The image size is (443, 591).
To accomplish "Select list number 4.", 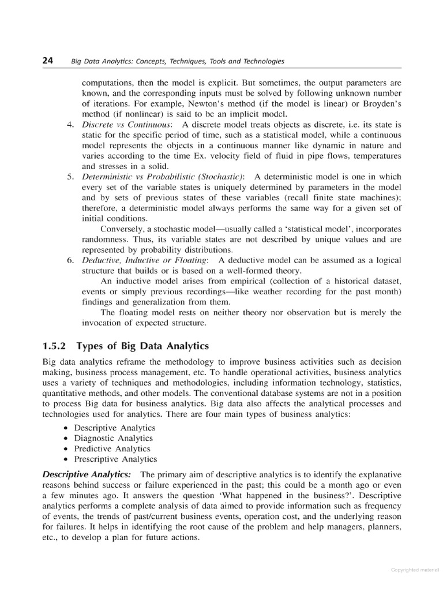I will (71, 124).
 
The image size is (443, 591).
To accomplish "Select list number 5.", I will (71, 175).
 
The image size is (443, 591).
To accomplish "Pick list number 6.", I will (71, 261).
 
